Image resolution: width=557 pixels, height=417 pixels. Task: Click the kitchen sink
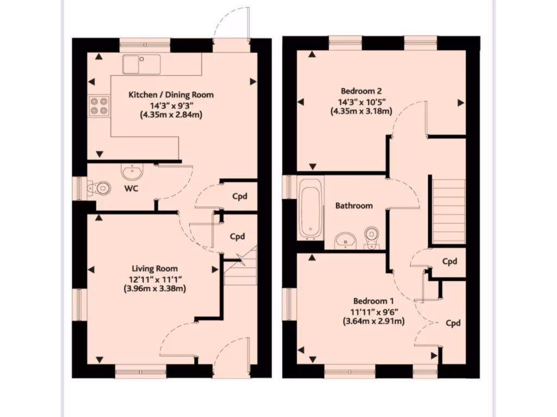(141, 64)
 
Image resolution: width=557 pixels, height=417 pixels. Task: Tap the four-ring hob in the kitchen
(98, 106)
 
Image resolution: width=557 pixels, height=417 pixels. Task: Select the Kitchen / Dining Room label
(171, 94)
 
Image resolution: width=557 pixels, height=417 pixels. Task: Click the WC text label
(131, 189)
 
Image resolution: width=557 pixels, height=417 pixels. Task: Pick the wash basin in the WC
(132, 173)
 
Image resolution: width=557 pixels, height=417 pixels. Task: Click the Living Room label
(154, 268)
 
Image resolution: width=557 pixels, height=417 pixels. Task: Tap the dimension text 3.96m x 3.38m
(155, 289)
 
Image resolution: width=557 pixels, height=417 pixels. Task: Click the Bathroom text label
(354, 206)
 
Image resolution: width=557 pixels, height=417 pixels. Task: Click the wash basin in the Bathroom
(344, 239)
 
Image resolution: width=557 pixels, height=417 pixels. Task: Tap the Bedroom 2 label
(361, 91)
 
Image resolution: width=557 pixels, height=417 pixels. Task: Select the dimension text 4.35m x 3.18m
(361, 111)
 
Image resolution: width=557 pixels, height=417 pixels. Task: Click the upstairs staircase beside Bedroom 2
(449, 209)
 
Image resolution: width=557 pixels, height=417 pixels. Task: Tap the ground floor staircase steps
(239, 271)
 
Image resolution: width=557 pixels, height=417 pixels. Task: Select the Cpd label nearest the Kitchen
(240, 195)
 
